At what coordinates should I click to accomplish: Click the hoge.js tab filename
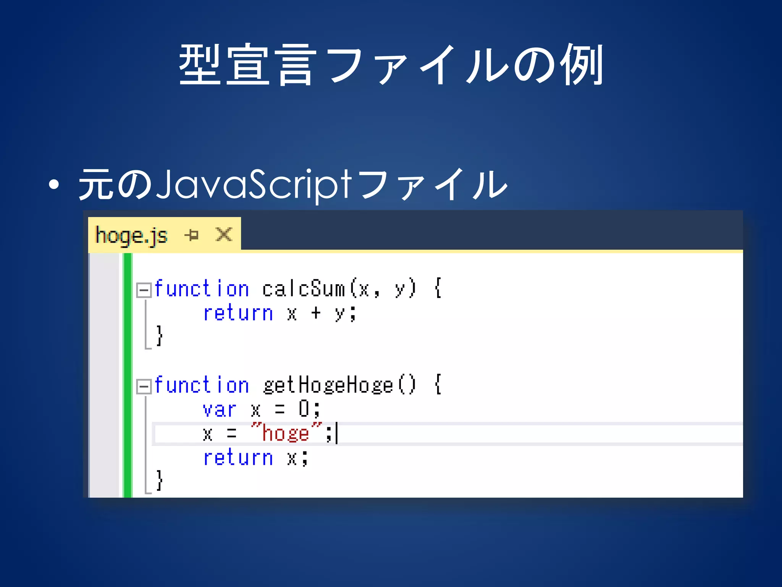131,235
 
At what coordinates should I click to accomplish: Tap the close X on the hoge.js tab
224,234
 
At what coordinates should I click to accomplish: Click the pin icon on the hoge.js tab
192,235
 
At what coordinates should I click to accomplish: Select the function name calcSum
304,289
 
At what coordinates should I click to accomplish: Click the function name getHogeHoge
328,385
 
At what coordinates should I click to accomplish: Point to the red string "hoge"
286,433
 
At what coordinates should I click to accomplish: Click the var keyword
219,410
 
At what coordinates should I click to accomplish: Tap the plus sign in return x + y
316,313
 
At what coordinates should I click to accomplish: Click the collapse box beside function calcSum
144,290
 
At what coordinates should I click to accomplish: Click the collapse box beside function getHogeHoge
144,386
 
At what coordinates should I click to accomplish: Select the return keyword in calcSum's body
238,313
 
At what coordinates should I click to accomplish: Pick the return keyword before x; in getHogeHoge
238,457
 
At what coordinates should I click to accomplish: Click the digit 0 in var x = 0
304,409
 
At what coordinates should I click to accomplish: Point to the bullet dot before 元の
54,185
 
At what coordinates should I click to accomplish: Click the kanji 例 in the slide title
581,64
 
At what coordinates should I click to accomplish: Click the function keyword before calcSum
202,289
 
